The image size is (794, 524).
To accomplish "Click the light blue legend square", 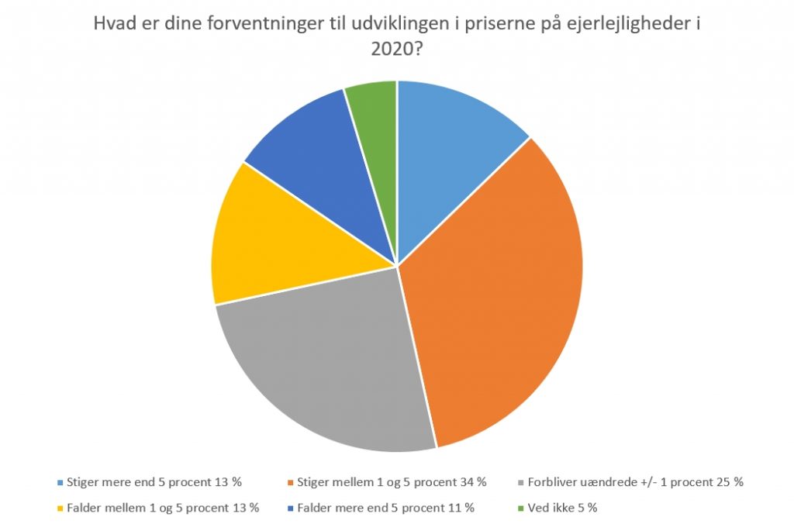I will point(60,482).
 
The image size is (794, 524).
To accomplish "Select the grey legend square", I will point(520,482).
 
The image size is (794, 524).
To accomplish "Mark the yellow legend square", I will point(60,508).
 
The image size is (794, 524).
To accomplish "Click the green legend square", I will point(520,508).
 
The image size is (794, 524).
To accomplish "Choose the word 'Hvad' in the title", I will point(112,23).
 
